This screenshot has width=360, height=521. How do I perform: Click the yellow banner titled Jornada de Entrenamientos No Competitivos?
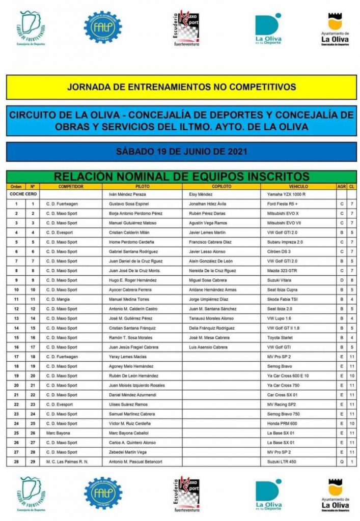tap(181, 86)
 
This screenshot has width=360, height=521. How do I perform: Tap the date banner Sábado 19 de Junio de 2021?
tap(181, 152)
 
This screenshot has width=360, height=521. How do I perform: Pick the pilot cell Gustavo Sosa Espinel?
tap(132, 203)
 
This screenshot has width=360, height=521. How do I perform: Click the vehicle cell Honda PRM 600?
tap(284, 423)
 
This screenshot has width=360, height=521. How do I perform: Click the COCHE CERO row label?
tap(22, 194)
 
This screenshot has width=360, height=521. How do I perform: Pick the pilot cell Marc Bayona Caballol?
tap(132, 433)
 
